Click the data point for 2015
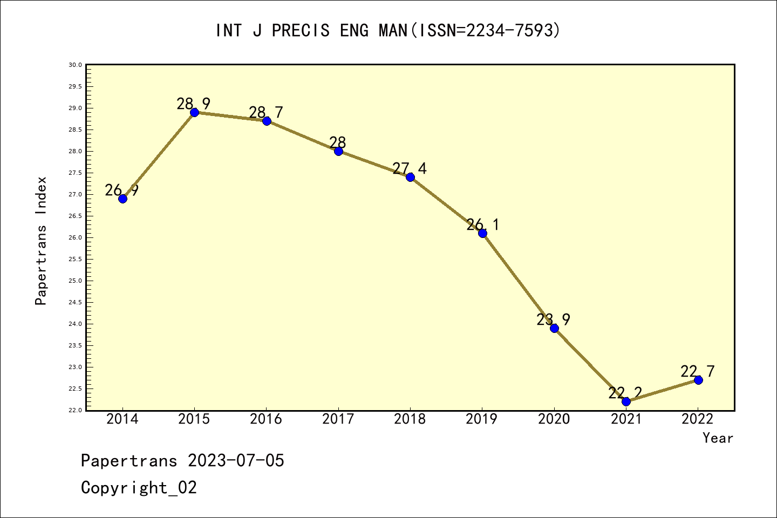(194, 112)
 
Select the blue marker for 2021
(626, 401)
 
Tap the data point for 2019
(482, 233)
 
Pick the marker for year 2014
(122, 199)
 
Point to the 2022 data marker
(698, 380)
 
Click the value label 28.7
(265, 112)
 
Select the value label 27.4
(409, 168)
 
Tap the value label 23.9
(553, 319)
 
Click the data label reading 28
(338, 142)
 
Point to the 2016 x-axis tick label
(266, 419)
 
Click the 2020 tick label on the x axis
(554, 419)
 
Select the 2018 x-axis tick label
(410, 419)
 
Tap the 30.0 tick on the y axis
(76, 65)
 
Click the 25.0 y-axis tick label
(76, 281)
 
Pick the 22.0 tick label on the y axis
(76, 410)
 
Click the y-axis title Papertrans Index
(41, 241)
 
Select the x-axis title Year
(718, 438)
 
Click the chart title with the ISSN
(388, 30)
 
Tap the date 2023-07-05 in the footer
(236, 461)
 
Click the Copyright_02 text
(139, 488)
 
